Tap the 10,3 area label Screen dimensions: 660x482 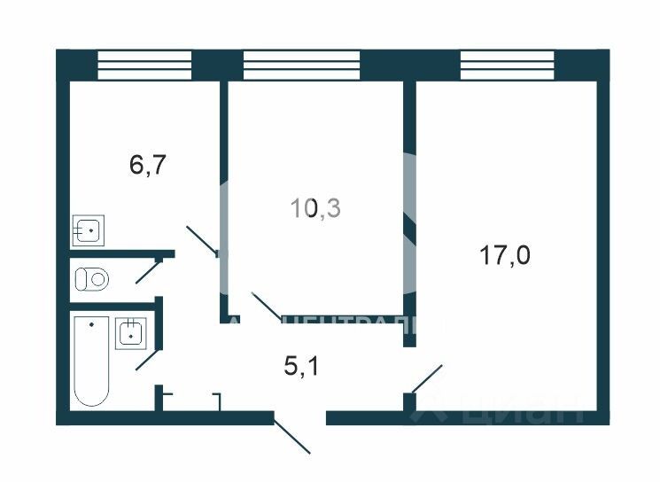pos(316,208)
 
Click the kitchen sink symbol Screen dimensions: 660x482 pos(89,230)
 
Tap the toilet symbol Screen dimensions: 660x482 pos(91,279)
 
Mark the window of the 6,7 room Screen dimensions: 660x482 pos(144,65)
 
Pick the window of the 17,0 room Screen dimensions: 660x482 pos(508,65)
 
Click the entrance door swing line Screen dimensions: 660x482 pos(291,434)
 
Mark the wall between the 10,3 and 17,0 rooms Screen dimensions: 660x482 pos(409,204)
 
